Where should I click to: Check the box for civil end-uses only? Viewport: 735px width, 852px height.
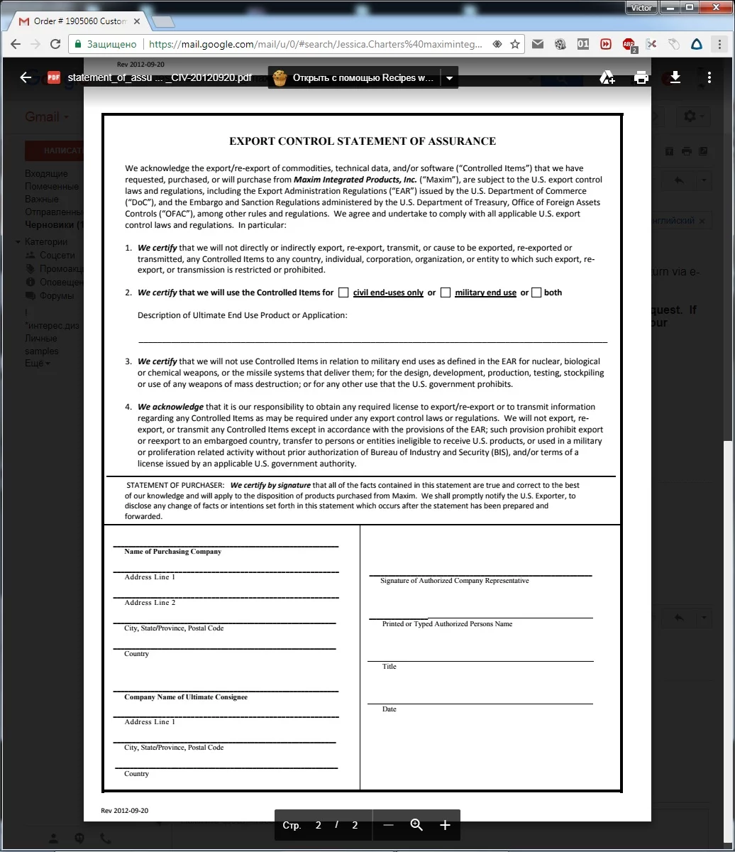pos(343,293)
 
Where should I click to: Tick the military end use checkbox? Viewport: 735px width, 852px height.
pos(446,293)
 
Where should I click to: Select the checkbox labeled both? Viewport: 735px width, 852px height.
pos(536,293)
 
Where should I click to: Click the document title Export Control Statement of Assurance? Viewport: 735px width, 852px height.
pos(363,141)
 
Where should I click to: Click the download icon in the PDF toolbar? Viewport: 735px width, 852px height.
pos(675,77)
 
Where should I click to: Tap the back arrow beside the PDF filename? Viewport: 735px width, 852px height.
pos(26,77)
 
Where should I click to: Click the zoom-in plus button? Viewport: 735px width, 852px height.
pos(445,825)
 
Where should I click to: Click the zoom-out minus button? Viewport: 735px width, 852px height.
pos(388,825)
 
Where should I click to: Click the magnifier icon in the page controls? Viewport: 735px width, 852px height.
pos(416,825)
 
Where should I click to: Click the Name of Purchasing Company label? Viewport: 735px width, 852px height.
pos(173,552)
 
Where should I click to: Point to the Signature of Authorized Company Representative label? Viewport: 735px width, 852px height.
pos(454,581)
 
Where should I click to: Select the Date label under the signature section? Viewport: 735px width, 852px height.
pos(389,709)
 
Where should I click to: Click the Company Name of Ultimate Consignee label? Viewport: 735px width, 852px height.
pos(186,697)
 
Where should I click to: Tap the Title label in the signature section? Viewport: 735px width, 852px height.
pos(389,667)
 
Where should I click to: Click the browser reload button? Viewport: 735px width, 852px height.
pos(55,44)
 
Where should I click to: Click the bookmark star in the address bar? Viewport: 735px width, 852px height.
pos(515,44)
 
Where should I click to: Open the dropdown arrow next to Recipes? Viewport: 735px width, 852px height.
pos(448,78)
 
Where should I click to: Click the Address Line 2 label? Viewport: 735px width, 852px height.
pos(150,603)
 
